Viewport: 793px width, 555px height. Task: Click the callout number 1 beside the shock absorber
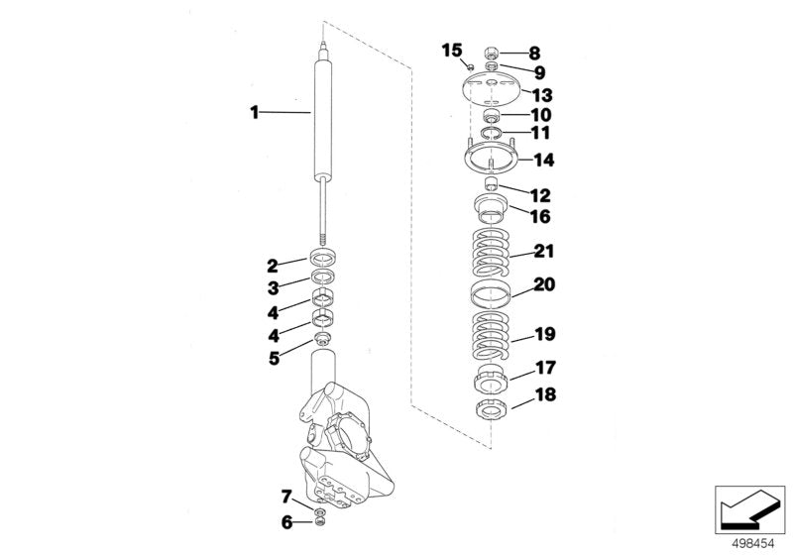(x=255, y=114)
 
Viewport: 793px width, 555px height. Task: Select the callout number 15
(x=451, y=50)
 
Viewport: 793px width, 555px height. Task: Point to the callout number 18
(x=544, y=394)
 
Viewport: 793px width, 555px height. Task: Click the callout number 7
(x=285, y=495)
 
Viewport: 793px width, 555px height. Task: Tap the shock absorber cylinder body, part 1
(x=323, y=119)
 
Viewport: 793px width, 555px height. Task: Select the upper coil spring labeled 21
(x=490, y=254)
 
